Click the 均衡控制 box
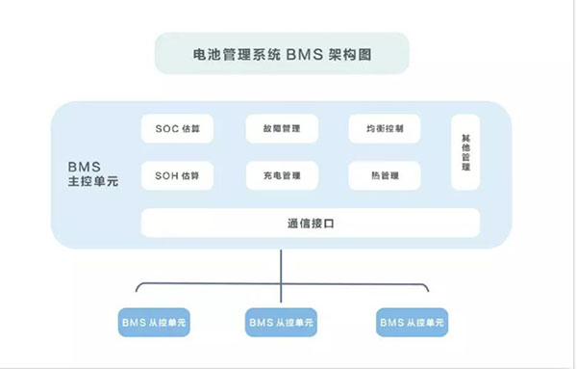[385, 128]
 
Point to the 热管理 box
[385, 176]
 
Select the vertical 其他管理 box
[465, 152]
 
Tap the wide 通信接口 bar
[310, 223]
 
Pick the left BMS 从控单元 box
[155, 322]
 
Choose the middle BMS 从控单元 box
[281, 322]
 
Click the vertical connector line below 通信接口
[281, 265]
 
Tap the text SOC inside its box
[167, 128]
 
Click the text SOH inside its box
[167, 176]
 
